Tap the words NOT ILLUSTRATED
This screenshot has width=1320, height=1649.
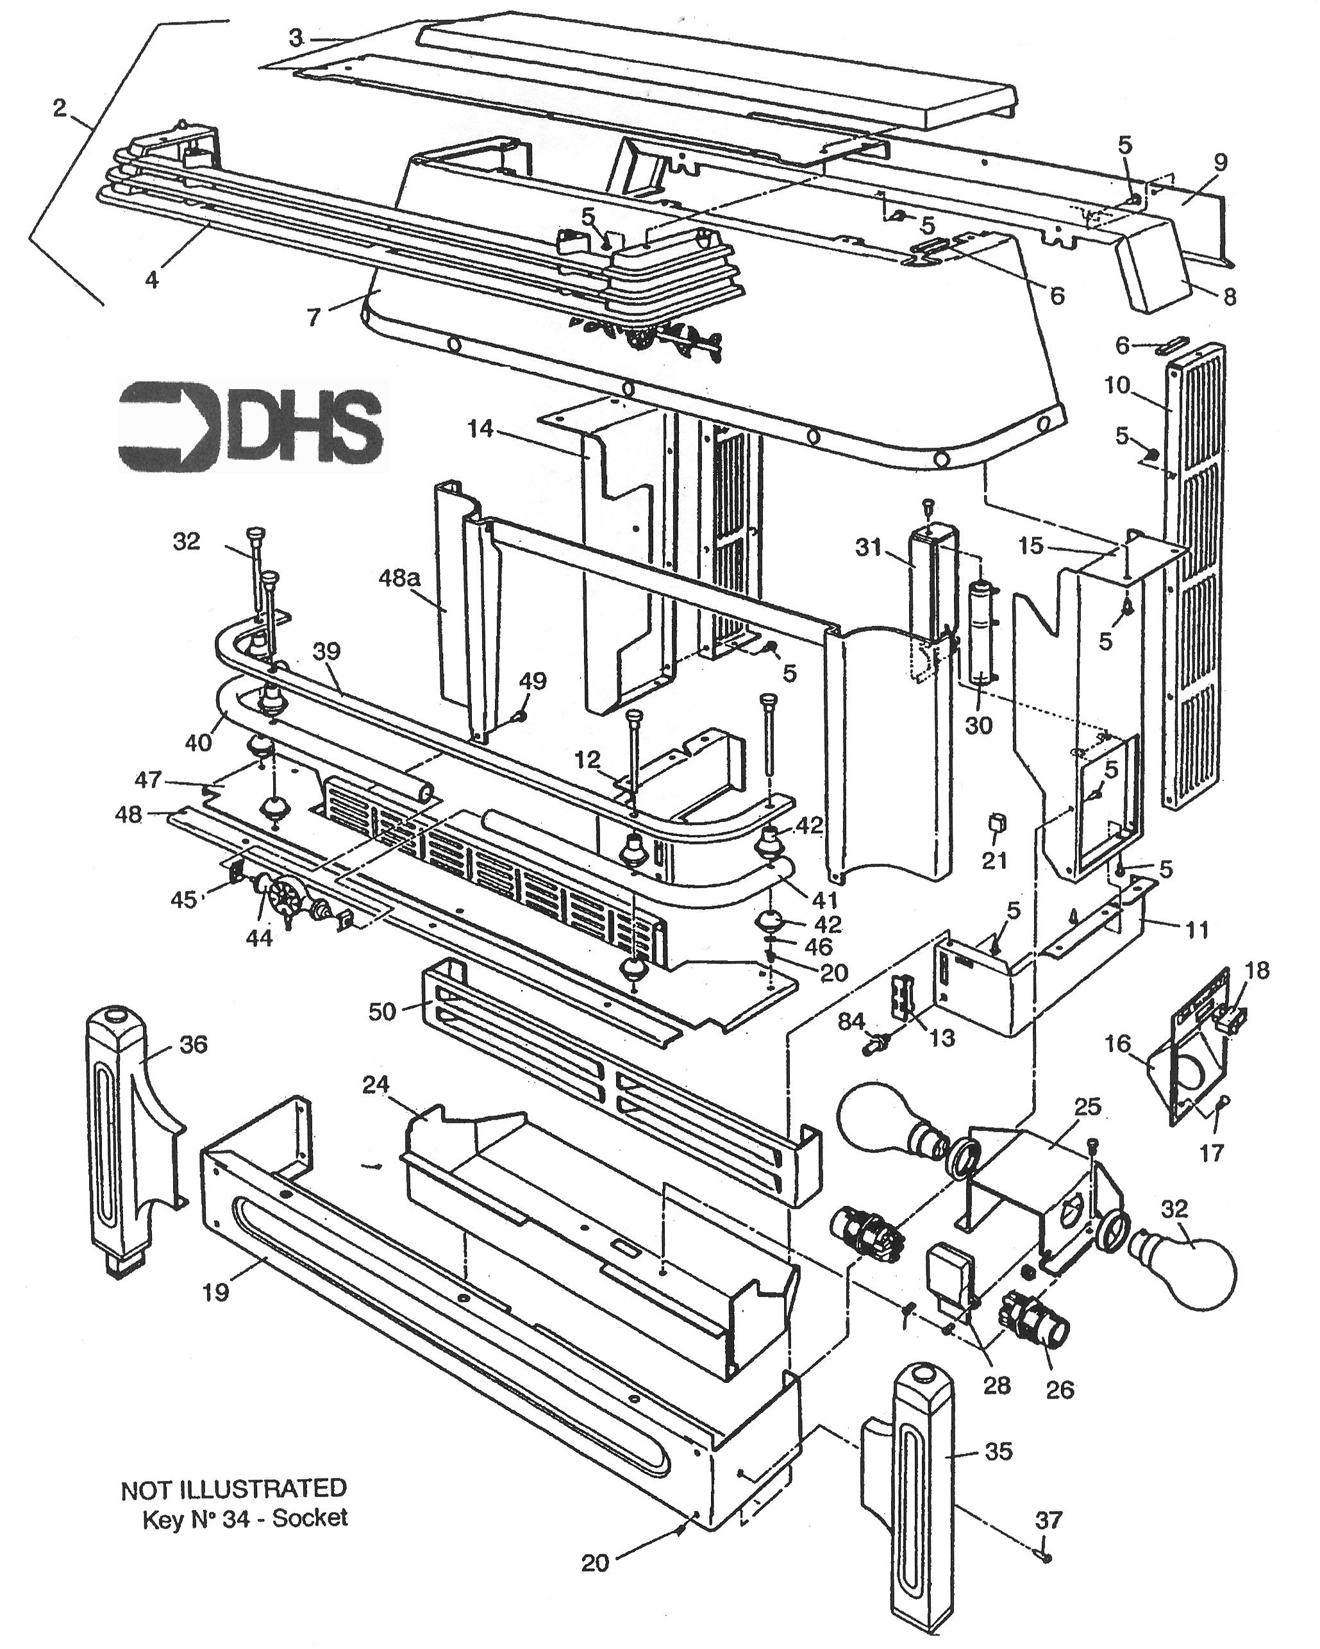233,1487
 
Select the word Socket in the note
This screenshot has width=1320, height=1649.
310,1518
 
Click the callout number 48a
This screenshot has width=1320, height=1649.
399,579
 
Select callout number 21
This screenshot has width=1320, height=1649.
995,860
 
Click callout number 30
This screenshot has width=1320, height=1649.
978,725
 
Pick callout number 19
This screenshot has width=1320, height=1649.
215,1293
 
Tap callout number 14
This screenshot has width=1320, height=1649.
481,430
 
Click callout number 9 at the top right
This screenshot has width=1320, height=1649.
1220,162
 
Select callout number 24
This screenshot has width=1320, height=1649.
376,1085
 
